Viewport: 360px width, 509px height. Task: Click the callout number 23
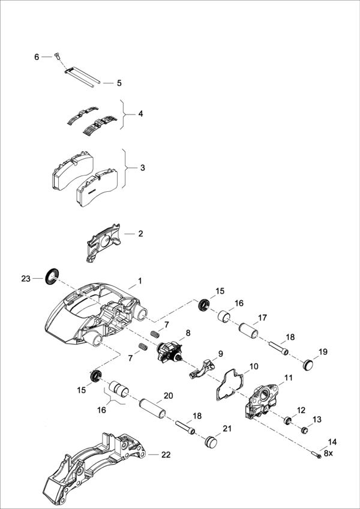pos(25,279)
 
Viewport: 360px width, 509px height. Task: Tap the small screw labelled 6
pos(55,57)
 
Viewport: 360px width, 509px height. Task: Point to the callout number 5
pos(119,83)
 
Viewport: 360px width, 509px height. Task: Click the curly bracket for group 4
pos(125,114)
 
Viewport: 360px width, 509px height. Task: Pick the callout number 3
pos(142,168)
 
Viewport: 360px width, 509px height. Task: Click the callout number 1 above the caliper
pos(140,281)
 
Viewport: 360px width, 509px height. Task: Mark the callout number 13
pos(317,419)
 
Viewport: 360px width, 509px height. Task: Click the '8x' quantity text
pos(328,453)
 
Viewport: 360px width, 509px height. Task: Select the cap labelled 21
pos(211,442)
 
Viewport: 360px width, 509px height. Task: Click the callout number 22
pos(166,455)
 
